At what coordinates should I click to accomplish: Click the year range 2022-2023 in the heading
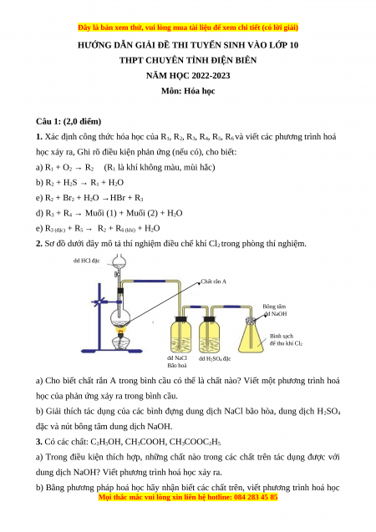coord(211,75)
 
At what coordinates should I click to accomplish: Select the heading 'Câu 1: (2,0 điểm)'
coord(69,121)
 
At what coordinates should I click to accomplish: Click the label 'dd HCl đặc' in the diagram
coord(87,261)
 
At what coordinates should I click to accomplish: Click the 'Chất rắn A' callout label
coord(213,281)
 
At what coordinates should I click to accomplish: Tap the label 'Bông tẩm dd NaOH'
coord(275,310)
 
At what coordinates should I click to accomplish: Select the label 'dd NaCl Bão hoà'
coord(177,362)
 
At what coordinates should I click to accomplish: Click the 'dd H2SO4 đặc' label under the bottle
coord(215,358)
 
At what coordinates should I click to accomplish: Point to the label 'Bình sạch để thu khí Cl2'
coord(286,340)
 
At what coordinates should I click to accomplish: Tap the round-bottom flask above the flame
coord(120,317)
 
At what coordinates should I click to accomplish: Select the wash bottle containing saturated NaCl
coord(180,335)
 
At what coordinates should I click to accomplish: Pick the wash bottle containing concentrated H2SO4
coord(209,335)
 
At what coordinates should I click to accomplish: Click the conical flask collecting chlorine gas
coord(252,336)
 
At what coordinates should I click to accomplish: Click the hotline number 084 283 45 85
coord(256,498)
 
